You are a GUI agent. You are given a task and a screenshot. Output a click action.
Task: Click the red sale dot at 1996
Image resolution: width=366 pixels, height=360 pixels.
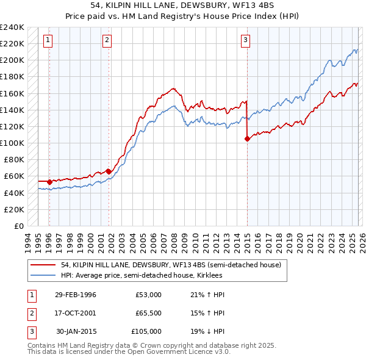[49, 181]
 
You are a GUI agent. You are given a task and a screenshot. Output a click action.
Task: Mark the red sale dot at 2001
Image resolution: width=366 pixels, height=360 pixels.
[109, 171]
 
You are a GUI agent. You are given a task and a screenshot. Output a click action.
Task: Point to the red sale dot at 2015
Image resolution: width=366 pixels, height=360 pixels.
[247, 139]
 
